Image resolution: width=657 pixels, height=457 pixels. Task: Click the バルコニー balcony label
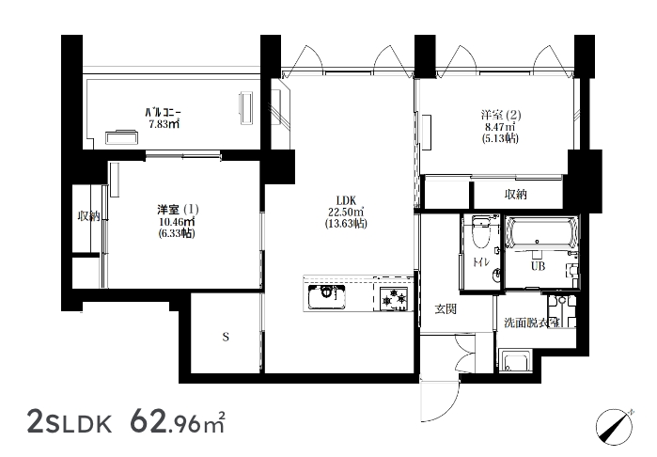(x=163, y=113)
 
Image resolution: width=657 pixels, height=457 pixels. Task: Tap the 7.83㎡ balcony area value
(x=164, y=124)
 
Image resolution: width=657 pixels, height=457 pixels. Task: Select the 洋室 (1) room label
(x=178, y=209)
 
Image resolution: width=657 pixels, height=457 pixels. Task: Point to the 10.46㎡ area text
(x=177, y=221)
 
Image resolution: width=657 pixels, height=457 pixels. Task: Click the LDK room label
(x=346, y=200)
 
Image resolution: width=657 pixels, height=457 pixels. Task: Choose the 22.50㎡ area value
(x=346, y=212)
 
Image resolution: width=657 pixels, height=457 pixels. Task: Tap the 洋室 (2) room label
(x=501, y=115)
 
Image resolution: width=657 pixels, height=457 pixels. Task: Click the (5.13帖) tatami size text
(x=500, y=138)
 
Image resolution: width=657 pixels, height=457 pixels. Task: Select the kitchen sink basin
(x=327, y=297)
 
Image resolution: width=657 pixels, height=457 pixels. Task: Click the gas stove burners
(x=393, y=299)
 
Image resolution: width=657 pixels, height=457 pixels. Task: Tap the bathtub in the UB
(x=540, y=233)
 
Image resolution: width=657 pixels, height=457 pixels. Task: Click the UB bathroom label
(x=538, y=266)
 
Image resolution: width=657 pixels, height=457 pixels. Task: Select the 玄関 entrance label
(x=445, y=309)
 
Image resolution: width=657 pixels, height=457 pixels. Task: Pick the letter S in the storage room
(x=226, y=337)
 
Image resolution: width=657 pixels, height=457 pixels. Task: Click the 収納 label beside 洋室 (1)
(x=89, y=216)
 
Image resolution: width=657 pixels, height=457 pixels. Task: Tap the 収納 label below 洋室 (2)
(x=515, y=194)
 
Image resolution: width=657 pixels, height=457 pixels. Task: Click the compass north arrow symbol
(x=615, y=426)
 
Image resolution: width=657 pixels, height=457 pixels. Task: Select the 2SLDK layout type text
(x=70, y=422)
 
